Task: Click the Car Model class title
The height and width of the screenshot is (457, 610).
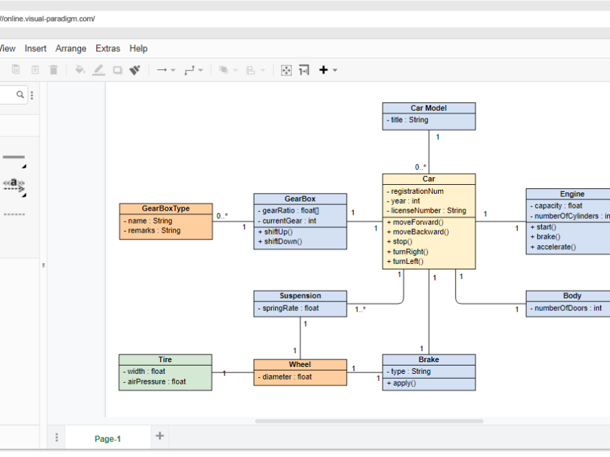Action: pos(428,108)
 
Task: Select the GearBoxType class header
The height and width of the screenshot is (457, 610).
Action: pos(166,208)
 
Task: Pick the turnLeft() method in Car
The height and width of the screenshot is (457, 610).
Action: pos(408,262)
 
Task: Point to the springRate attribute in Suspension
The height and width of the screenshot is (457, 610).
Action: pos(290,308)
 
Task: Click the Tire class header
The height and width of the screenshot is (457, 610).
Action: pos(165,360)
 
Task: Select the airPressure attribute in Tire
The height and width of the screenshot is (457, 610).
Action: pos(157,382)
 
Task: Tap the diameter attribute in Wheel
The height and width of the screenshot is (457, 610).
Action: pos(287,377)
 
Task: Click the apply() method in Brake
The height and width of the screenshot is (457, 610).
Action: pos(401,383)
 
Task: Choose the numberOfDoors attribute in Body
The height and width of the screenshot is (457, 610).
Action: pos(568,308)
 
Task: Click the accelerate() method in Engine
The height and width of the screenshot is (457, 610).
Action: pos(556,247)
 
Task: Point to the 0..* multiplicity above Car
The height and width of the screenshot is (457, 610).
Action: pos(421,167)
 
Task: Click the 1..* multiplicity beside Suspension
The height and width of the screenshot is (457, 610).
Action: pos(360,310)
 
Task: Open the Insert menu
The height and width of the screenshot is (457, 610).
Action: pos(35,48)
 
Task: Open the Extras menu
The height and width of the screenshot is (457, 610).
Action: pos(107,48)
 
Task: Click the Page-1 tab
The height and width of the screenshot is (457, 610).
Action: pos(107,438)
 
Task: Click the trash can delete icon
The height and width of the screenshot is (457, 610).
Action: pos(53,70)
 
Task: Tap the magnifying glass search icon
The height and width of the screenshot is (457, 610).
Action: pos(20,94)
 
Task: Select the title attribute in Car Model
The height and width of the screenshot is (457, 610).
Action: pos(409,120)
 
